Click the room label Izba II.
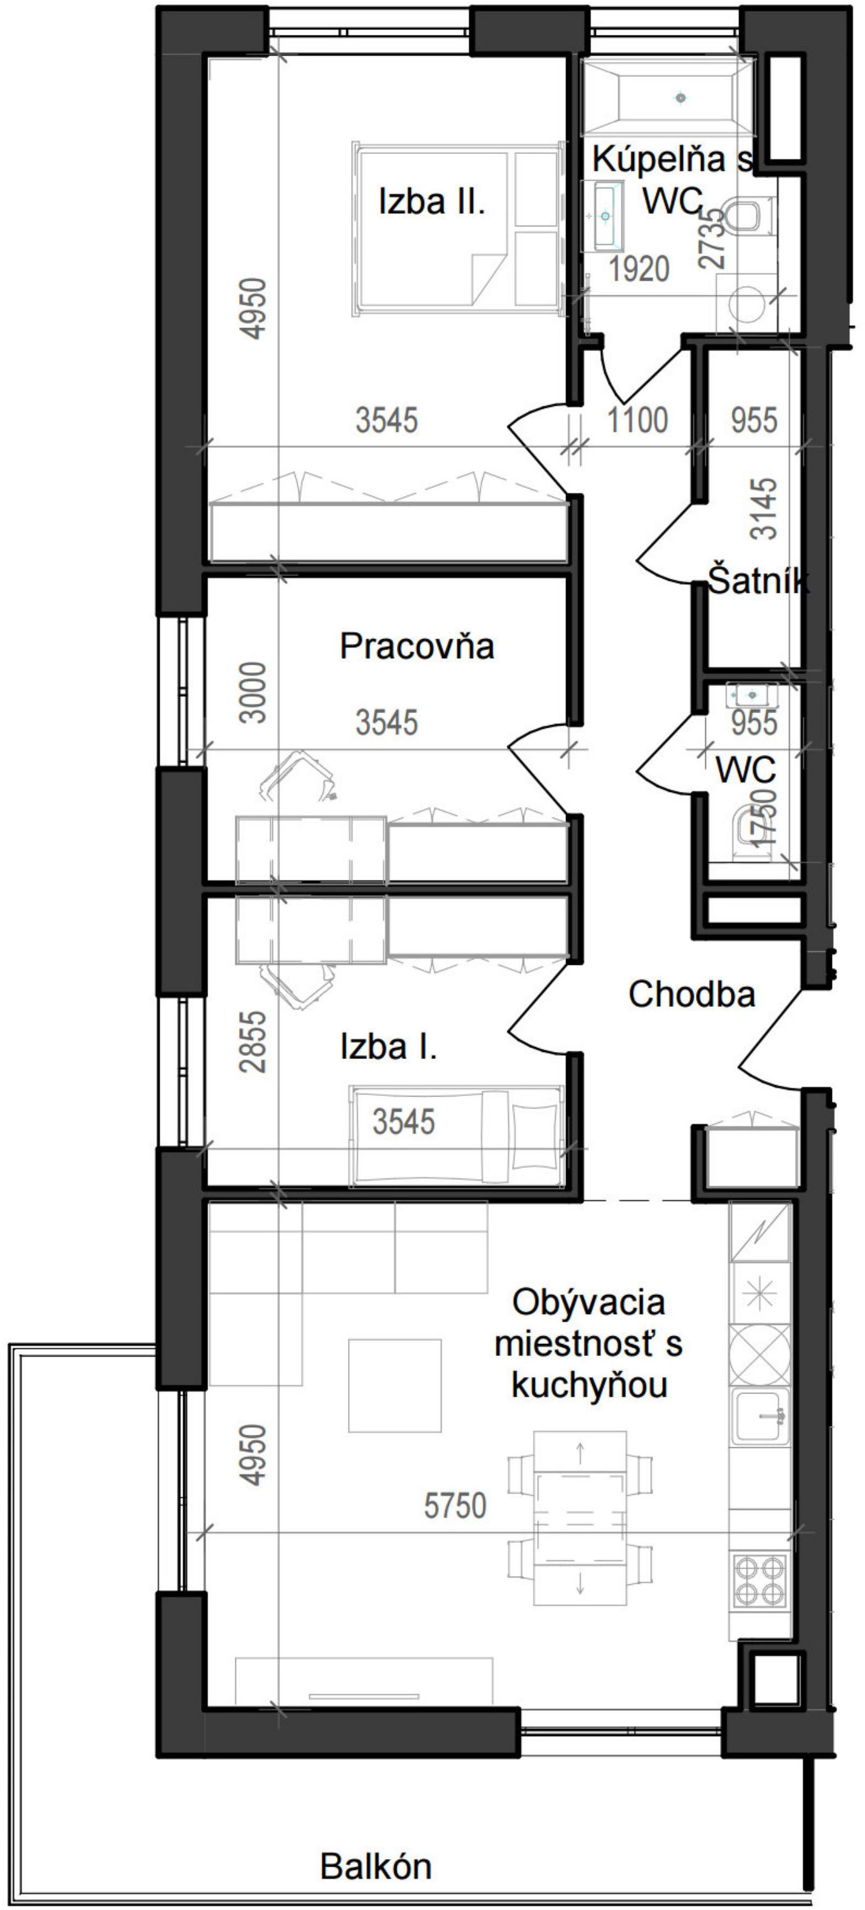click(431, 202)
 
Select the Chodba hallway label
click(691, 993)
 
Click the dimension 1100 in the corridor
click(637, 420)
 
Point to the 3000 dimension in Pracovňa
click(254, 693)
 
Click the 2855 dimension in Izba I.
click(254, 1041)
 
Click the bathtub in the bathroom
click(667, 97)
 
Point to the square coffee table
click(394, 1385)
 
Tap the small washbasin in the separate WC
click(751, 695)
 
